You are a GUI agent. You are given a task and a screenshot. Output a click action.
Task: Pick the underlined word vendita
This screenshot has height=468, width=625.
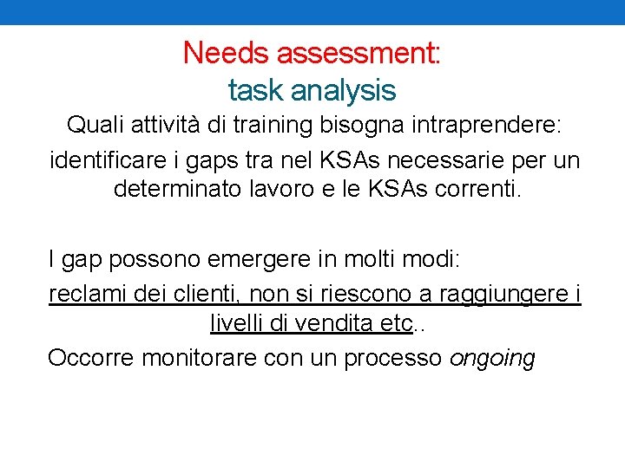pos(332,324)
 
